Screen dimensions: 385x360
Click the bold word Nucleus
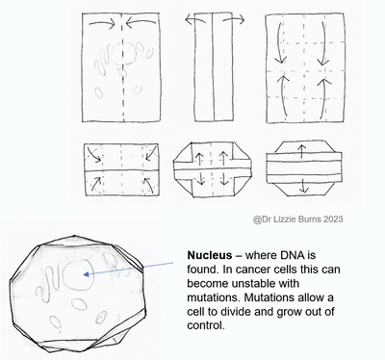209,255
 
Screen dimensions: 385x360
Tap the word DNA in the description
293,255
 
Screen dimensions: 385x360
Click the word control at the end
204,325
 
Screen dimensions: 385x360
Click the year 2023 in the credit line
333,219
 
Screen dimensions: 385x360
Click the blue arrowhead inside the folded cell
86,274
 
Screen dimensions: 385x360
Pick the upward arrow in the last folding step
301,151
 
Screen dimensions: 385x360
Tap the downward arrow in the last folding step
303,186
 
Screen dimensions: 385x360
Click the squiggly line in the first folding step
103,60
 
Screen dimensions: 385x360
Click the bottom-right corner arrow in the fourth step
147,185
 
